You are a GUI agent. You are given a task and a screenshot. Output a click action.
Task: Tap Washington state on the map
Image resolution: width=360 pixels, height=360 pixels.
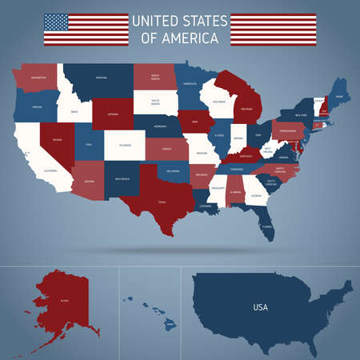tap(35, 78)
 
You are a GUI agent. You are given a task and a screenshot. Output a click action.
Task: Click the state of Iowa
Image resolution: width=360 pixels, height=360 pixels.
tap(194, 122)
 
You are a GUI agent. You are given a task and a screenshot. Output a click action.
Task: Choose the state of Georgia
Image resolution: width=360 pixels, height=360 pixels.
tap(256, 193)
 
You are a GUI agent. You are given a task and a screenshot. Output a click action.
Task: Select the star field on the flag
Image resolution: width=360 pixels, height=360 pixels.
tap(56, 22)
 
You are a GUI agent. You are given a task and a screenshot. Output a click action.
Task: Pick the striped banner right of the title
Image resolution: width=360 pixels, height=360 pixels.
tap(272, 29)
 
